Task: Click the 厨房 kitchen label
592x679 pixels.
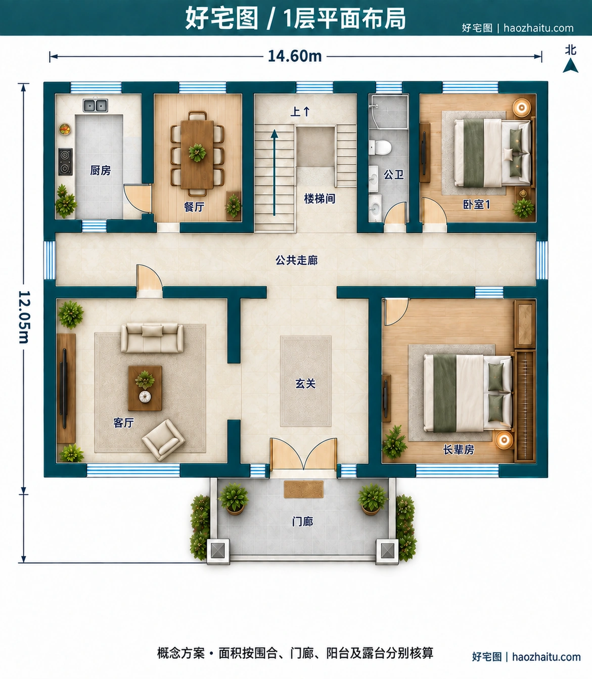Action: [x=100, y=170]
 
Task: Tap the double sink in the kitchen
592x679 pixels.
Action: [x=95, y=106]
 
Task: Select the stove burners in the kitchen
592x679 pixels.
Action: [x=65, y=162]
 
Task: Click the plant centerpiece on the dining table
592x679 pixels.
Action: [x=197, y=153]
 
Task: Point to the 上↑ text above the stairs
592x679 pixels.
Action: [x=300, y=112]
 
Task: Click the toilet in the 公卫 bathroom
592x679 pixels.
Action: [x=380, y=147]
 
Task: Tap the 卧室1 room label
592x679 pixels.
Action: [x=476, y=204]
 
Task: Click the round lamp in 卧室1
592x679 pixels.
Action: [x=522, y=108]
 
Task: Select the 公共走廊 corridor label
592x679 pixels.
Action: [x=296, y=260]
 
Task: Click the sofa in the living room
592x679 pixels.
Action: [x=152, y=338]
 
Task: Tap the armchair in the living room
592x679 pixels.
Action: [x=163, y=440]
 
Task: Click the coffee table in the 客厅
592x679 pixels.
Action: [x=145, y=388]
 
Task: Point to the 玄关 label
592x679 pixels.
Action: [x=305, y=384]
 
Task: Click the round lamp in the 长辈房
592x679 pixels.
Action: [x=504, y=440]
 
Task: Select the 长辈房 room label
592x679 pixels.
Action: [x=458, y=449]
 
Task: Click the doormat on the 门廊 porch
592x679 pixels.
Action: [x=303, y=489]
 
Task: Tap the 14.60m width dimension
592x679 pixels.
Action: [x=295, y=56]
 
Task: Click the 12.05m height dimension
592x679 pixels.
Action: [x=24, y=317]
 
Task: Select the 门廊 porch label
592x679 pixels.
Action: [x=302, y=522]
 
